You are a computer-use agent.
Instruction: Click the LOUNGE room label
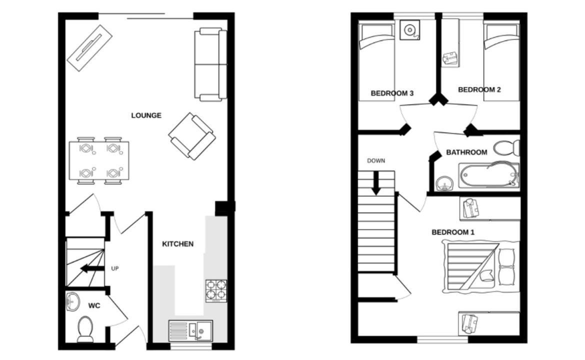(146, 115)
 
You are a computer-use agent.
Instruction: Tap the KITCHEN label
(177, 244)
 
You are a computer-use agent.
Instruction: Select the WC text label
(94, 306)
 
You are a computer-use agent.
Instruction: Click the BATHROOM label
(466, 152)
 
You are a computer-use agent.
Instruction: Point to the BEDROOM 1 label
(453, 232)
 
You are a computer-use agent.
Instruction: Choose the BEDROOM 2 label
(479, 89)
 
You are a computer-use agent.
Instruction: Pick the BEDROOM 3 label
(391, 93)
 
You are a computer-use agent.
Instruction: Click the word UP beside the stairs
(115, 268)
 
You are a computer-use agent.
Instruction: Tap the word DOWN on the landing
(376, 161)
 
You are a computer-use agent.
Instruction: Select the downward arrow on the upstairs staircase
(376, 183)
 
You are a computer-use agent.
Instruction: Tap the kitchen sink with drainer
(190, 330)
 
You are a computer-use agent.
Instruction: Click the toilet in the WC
(85, 329)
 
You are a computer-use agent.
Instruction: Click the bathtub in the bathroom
(488, 174)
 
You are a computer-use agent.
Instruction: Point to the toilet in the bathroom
(506, 147)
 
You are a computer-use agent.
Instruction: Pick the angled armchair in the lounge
(192, 136)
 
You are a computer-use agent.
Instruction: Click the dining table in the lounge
(99, 160)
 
